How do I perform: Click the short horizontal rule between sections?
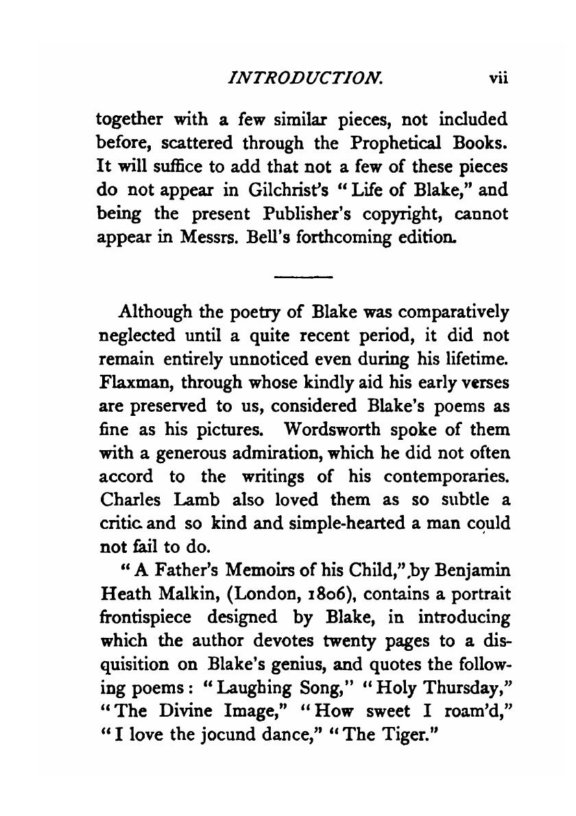point(302,277)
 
